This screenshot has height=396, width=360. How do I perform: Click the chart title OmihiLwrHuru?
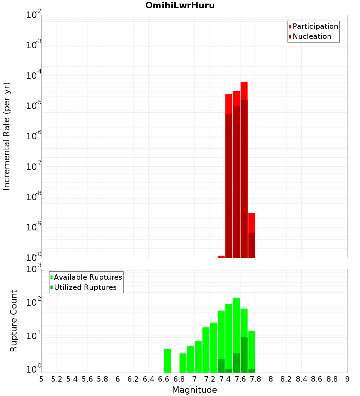point(180,6)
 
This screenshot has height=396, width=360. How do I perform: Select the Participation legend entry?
point(315,26)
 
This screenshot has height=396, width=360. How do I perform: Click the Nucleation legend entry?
point(311,36)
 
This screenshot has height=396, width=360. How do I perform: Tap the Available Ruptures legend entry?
point(87,277)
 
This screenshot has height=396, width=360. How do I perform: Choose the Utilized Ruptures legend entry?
point(85,287)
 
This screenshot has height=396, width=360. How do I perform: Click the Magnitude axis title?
point(194,390)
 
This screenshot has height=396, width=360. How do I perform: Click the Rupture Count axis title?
point(14,321)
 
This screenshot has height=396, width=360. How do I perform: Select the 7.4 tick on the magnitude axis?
point(225,379)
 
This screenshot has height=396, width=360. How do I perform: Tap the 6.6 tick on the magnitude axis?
point(164,379)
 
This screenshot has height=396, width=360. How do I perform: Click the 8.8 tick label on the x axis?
point(332,379)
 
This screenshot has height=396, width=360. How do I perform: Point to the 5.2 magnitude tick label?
point(57,379)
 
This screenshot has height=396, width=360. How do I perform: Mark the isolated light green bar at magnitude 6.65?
point(167,361)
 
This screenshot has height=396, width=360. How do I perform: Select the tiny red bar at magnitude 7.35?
point(221,257)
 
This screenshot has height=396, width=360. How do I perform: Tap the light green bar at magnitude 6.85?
point(183,363)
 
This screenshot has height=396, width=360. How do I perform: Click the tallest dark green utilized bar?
point(244,355)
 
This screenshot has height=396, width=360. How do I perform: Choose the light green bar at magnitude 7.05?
point(198,356)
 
